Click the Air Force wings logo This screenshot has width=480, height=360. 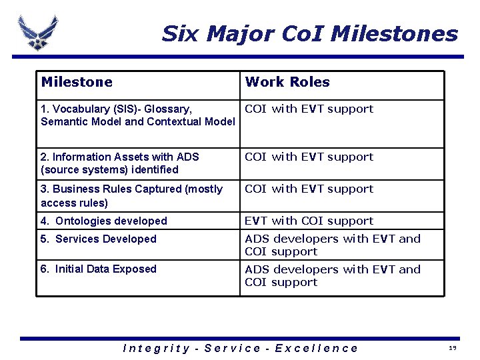click(x=37, y=31)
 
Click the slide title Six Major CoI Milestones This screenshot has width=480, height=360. click(x=309, y=33)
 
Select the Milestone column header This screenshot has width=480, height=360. click(x=77, y=83)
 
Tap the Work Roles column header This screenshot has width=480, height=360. click(x=287, y=83)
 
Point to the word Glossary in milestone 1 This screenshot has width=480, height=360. click(x=170, y=109)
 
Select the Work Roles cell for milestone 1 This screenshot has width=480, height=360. click(x=309, y=109)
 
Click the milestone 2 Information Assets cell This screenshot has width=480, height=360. click(x=120, y=163)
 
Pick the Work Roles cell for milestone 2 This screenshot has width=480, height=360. click(x=309, y=157)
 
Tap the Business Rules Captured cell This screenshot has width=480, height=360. click(x=131, y=195)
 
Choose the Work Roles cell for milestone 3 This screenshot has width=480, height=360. click(x=309, y=189)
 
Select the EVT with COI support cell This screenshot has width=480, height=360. click(x=309, y=221)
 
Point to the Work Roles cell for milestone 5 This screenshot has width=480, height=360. click(x=333, y=245)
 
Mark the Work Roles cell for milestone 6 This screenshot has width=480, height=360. click(x=333, y=276)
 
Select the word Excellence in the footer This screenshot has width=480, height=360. click(x=317, y=348)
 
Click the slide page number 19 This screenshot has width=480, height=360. click(x=452, y=349)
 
